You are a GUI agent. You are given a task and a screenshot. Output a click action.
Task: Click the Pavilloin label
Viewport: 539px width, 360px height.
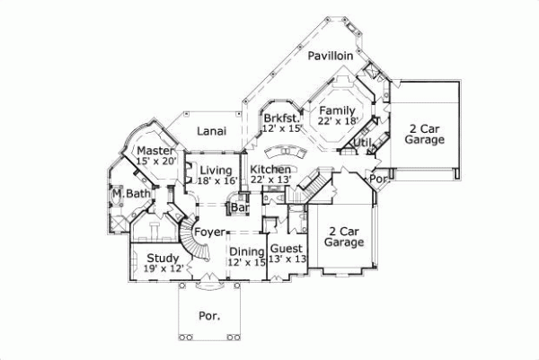[330, 56]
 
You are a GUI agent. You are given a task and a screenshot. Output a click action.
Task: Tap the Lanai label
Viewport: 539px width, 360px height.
[211, 131]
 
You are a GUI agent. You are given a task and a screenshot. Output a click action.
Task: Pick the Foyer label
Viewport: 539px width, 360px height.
[208, 233]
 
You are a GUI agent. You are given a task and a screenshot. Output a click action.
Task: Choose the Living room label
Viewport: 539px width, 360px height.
[216, 170]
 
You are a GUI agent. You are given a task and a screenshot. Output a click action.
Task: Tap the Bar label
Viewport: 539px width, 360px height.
[240, 208]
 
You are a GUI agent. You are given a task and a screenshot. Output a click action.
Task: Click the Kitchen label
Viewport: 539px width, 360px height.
[270, 170]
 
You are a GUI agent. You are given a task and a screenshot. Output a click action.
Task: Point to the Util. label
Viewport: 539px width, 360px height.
[363, 142]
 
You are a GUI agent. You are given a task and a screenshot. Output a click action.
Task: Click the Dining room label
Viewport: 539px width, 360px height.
[246, 251]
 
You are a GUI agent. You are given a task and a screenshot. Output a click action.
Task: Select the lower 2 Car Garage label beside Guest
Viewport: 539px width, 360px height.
[343, 236]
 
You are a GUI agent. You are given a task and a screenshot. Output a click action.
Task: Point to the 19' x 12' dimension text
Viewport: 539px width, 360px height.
[162, 268]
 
